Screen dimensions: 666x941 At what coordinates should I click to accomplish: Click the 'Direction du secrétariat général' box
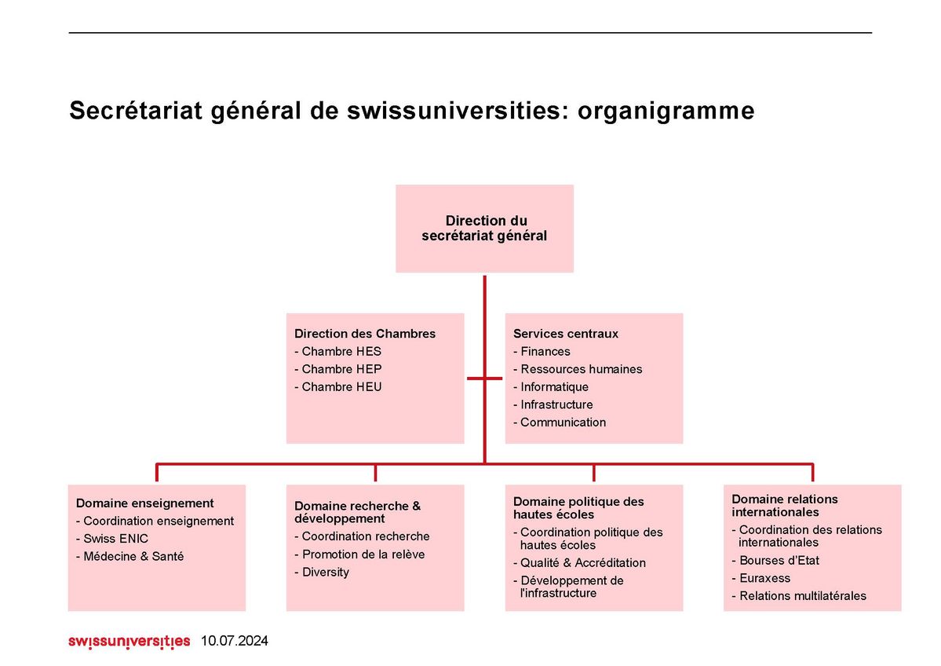pyautogui.click(x=484, y=229)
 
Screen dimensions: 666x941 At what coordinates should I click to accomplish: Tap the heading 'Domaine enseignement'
pyautogui.click(x=144, y=503)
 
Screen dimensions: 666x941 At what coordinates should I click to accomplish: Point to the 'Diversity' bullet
pyautogui.click(x=325, y=572)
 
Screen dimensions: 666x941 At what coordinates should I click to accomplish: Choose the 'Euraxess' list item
pyautogui.click(x=764, y=578)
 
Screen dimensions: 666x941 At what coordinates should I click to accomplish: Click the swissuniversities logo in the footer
pyautogui.click(x=129, y=641)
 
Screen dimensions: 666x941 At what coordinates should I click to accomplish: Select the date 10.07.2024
pyautogui.click(x=234, y=641)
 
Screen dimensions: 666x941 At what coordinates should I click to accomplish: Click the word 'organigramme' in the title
pyautogui.click(x=666, y=111)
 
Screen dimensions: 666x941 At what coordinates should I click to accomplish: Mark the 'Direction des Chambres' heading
pyautogui.click(x=364, y=333)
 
